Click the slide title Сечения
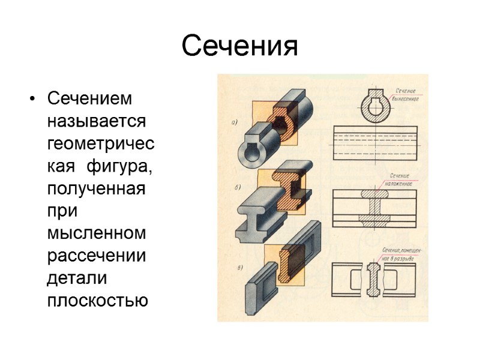coord(239,46)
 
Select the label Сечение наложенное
coord(397,180)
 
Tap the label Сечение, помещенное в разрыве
coord(401,250)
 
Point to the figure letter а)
coord(235,122)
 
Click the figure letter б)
coord(237,188)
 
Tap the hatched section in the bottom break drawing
coord(373,278)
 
